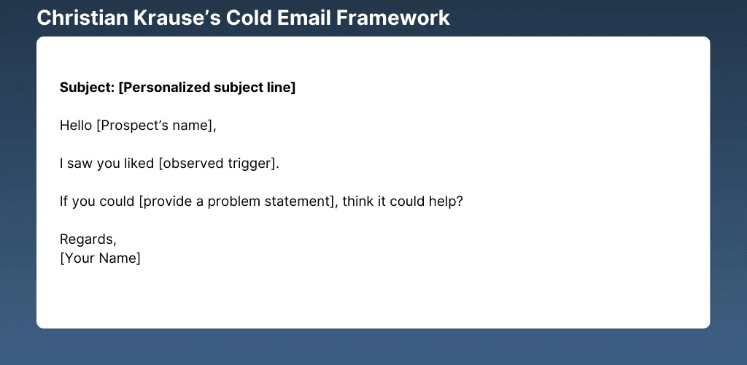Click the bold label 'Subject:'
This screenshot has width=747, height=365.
click(x=88, y=88)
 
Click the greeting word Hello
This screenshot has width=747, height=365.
click(x=76, y=126)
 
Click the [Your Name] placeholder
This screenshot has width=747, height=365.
click(x=100, y=258)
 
